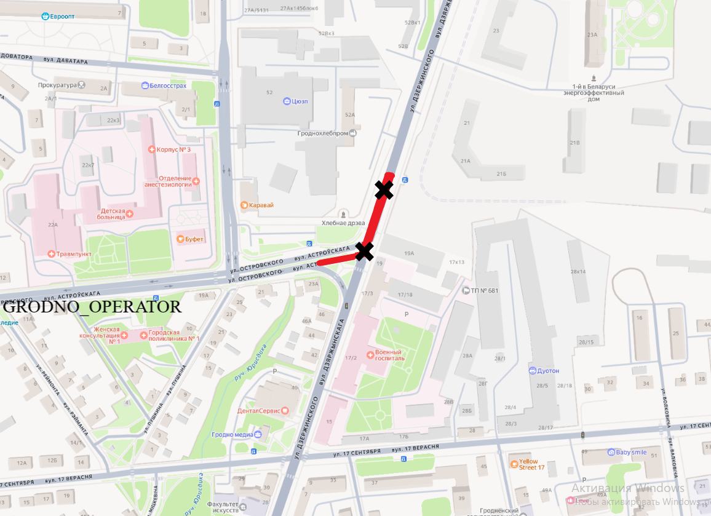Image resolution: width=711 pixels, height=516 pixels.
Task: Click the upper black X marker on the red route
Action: [384, 190]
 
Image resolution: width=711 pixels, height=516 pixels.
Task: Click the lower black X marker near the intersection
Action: [365, 251]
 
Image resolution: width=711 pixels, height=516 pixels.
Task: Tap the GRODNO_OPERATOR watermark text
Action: [93, 306]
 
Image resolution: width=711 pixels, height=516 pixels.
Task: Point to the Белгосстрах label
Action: [168, 85]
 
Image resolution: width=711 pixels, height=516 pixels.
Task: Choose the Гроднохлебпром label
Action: [322, 133]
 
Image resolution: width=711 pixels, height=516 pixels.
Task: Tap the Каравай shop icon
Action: [244, 205]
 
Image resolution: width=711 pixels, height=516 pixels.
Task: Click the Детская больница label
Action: [113, 214]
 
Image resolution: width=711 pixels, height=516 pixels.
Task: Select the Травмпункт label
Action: [71, 253]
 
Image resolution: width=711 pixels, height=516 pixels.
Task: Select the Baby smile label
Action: [631, 452]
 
